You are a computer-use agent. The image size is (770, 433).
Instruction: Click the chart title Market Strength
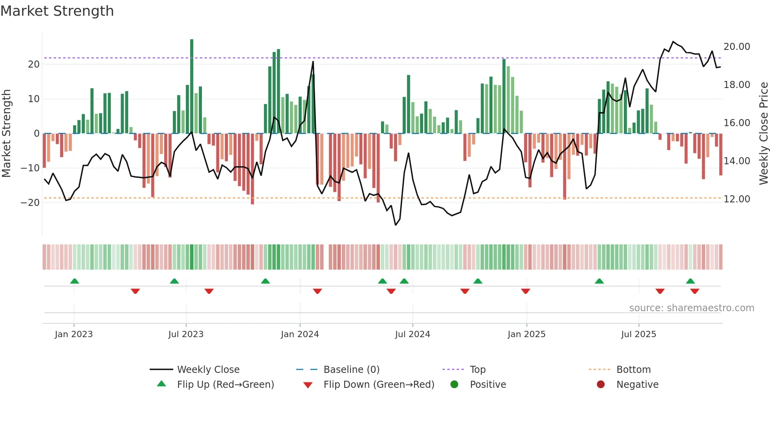click(57, 11)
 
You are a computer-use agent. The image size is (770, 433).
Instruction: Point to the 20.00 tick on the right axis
click(737, 47)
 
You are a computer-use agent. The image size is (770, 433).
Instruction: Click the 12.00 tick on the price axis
click(737, 199)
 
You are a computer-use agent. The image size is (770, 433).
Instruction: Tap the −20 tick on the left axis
click(30, 203)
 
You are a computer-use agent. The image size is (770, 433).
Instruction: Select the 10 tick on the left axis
click(34, 99)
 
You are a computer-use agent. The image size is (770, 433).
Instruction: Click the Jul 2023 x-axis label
click(186, 334)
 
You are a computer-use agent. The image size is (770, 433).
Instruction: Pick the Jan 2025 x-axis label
click(526, 334)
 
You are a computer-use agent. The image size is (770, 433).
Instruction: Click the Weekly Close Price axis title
click(763, 134)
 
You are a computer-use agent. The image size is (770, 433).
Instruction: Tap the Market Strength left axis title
click(7, 134)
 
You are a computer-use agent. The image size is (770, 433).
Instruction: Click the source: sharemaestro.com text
click(691, 308)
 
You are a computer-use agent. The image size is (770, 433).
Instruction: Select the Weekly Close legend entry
click(208, 370)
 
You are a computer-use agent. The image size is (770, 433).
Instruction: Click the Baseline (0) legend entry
click(351, 370)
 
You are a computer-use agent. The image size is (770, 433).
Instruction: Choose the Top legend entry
click(477, 370)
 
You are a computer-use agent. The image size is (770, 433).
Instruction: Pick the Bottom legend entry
click(633, 370)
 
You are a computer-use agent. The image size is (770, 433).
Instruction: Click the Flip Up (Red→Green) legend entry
click(225, 385)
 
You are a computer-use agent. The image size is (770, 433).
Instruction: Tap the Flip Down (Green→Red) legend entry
click(379, 385)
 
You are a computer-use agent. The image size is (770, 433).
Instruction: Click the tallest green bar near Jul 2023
click(192, 86)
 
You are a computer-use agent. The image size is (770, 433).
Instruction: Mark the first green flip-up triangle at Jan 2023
click(75, 281)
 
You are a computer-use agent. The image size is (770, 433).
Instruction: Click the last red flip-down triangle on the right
click(695, 291)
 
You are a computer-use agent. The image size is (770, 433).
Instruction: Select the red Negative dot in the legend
click(601, 385)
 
